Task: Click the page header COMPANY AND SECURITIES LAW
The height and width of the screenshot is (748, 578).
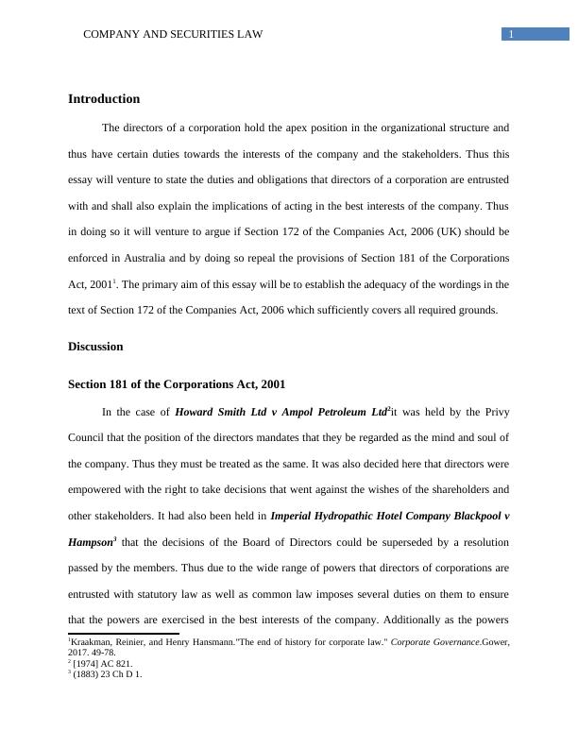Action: [173, 35]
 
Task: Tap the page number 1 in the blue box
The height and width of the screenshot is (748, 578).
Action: [511, 35]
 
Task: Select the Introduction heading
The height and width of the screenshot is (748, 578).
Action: [104, 99]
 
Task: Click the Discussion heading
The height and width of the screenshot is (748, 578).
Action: [95, 347]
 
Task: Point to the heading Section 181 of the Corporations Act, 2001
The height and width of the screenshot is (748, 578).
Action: [177, 384]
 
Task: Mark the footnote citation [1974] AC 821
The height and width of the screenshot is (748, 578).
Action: [102, 664]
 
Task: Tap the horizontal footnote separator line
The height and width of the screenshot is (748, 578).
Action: [123, 634]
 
